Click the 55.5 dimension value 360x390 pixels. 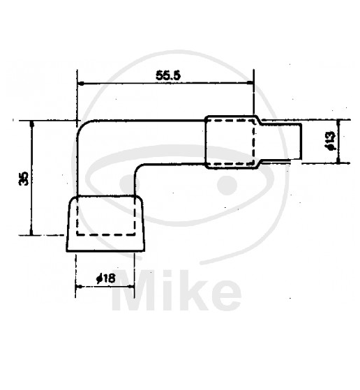(168, 75)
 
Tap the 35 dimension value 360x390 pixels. (24, 179)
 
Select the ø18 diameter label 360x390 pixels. (106, 278)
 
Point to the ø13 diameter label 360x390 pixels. (331, 141)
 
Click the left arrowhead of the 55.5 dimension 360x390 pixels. (80, 84)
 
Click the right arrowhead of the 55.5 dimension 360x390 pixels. (250, 83)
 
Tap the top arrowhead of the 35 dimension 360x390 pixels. (31, 124)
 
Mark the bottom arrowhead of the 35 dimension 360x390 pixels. (31, 232)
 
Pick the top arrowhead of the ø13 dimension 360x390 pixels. (338, 123)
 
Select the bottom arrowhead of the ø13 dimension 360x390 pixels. (338, 160)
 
